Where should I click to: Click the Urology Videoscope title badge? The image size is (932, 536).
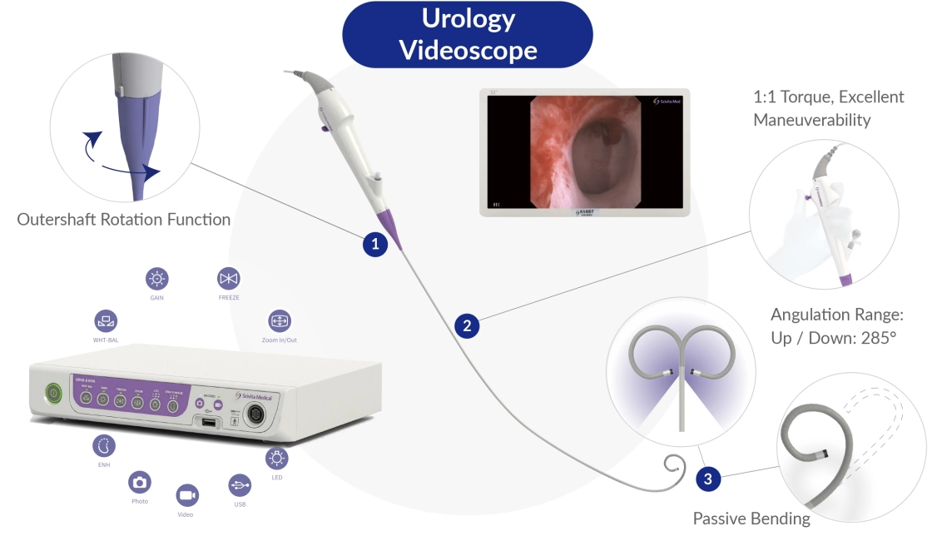pyautogui.click(x=468, y=34)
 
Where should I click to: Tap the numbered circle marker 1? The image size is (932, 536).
pyautogui.click(x=375, y=245)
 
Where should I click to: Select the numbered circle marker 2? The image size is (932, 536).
pyautogui.click(x=467, y=326)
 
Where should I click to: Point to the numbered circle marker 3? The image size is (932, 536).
pyautogui.click(x=707, y=479)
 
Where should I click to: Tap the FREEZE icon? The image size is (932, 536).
pyautogui.click(x=227, y=278)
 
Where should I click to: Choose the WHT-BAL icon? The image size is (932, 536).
pyautogui.click(x=106, y=320)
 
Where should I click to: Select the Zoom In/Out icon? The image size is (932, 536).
pyautogui.click(x=279, y=320)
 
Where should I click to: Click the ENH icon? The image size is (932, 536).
pyautogui.click(x=103, y=444)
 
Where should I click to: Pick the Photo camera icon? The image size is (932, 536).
pyautogui.click(x=140, y=482)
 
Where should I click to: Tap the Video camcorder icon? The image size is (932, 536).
pyautogui.click(x=186, y=495)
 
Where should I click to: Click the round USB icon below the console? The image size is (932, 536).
pyautogui.click(x=239, y=485)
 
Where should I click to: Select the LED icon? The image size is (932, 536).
pyautogui.click(x=276, y=458)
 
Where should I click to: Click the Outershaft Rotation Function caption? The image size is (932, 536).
pyautogui.click(x=124, y=220)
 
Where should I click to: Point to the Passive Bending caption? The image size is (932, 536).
pyautogui.click(x=751, y=519)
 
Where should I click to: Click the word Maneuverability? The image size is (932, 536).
pyautogui.click(x=811, y=120)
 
